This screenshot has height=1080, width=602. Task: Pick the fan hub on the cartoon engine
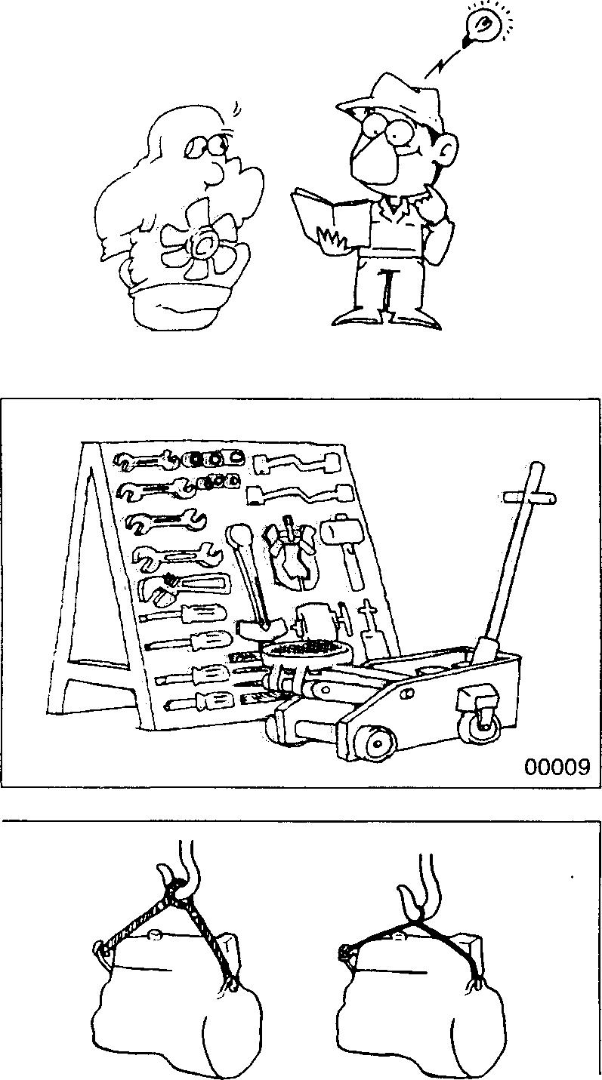pyautogui.click(x=202, y=243)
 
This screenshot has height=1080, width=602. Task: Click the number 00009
pyautogui.click(x=557, y=767)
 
